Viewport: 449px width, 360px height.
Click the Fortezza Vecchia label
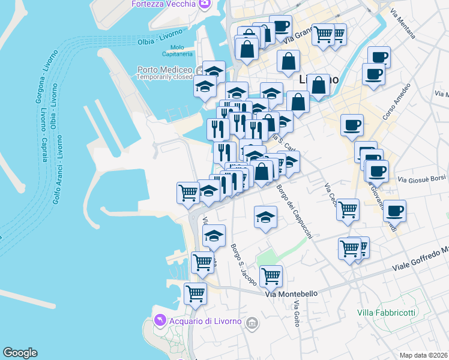pos(164,4)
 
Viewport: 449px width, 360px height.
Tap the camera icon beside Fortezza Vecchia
pos(204,4)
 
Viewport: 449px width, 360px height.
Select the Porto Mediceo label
pos(163,69)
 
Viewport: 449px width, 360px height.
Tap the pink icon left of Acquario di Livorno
pos(160,321)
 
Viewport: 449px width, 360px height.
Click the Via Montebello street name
pos(291,294)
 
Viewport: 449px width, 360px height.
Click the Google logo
pos(20,353)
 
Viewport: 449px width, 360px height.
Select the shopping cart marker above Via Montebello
pos(271,276)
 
